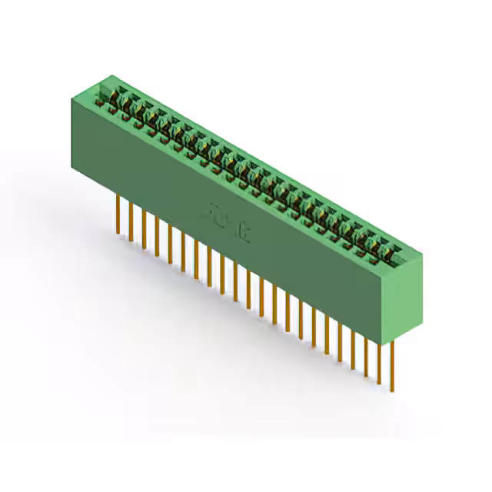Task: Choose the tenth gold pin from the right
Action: point(274,301)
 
